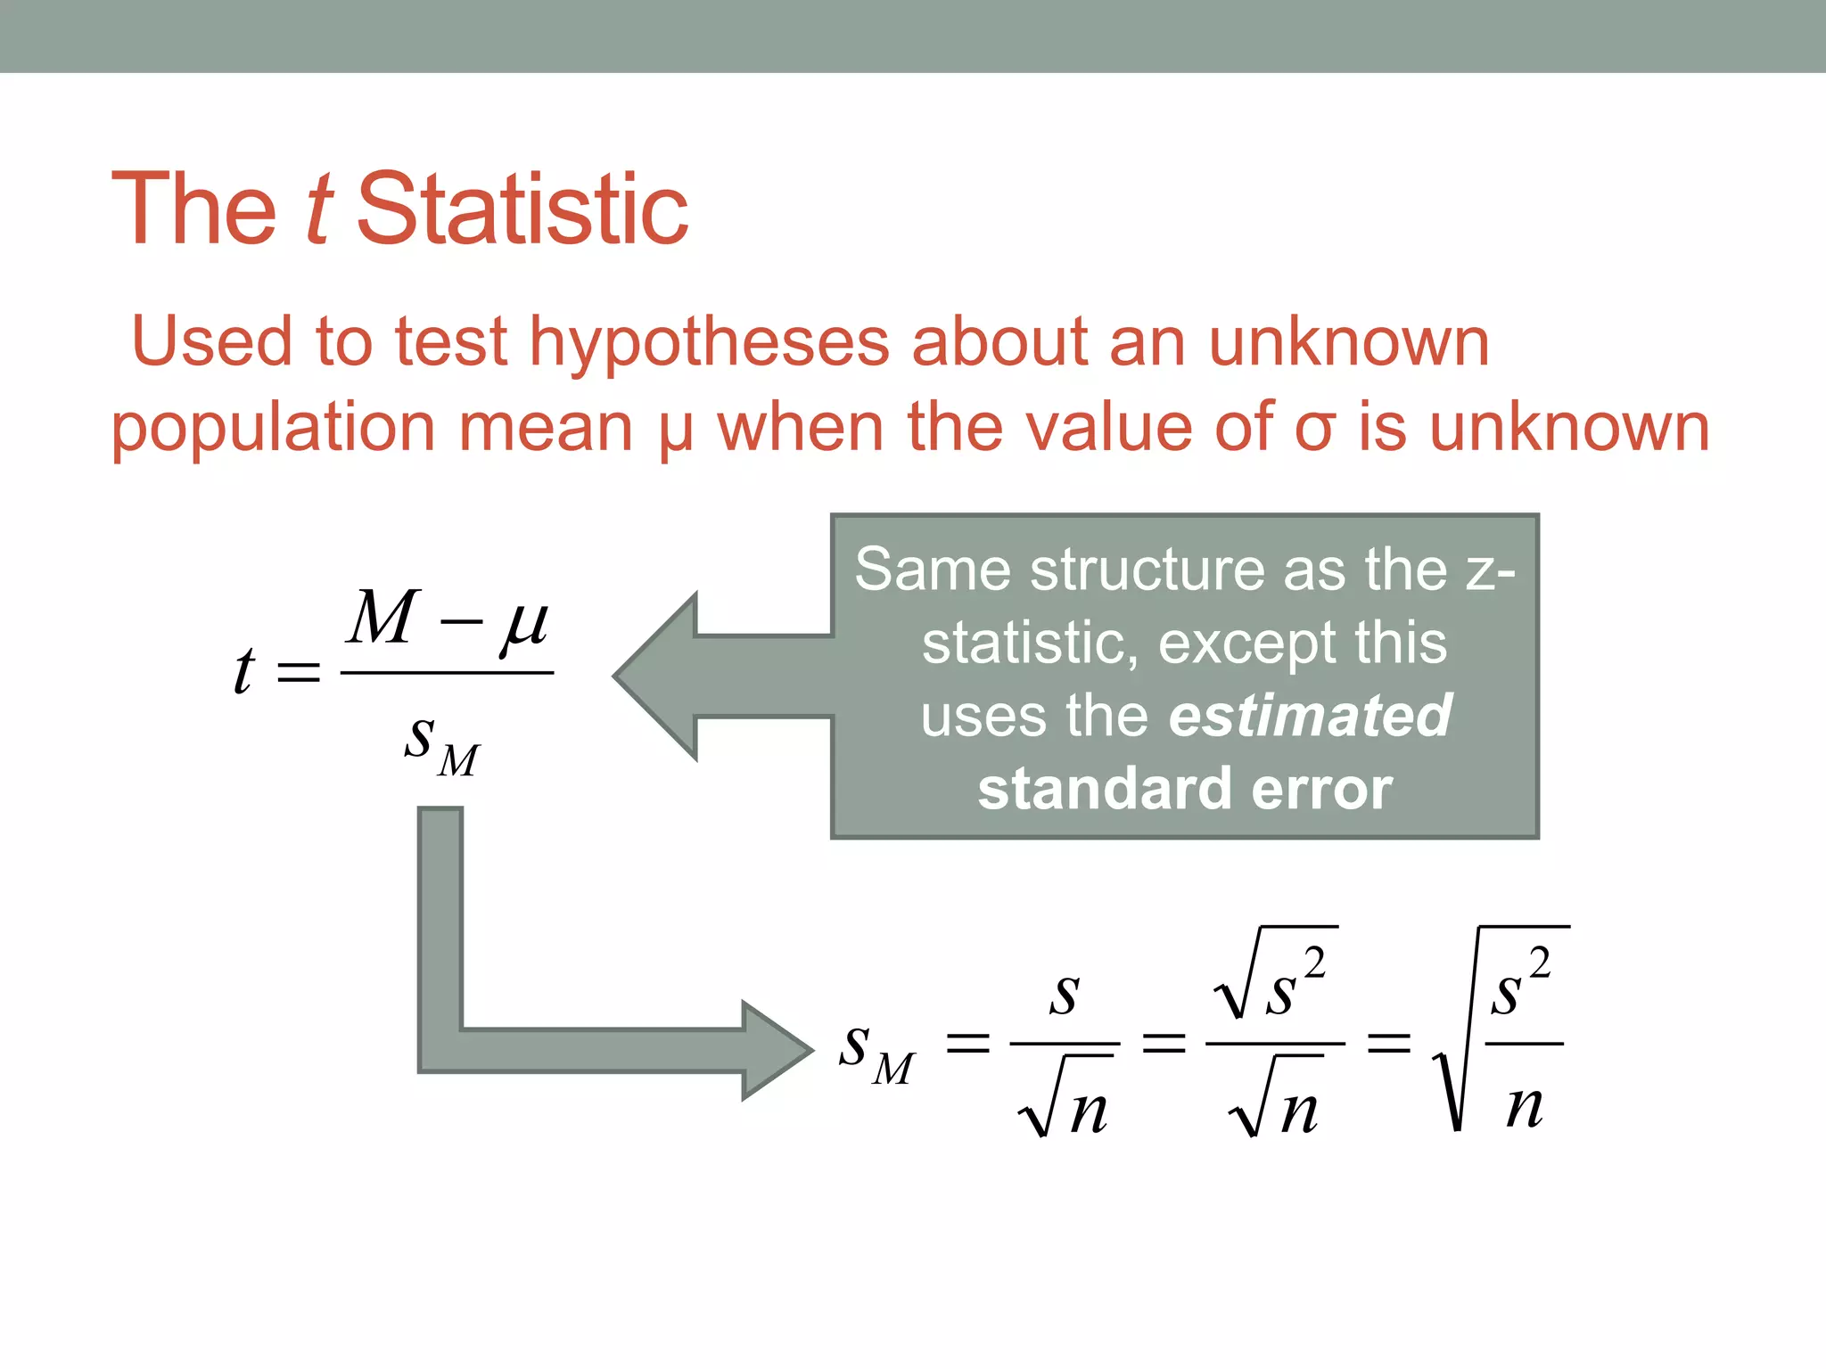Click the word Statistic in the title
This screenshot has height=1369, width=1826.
tap(522, 209)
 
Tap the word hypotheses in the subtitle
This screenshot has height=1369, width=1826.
tap(710, 342)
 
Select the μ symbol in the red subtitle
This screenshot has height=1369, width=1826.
tap(676, 431)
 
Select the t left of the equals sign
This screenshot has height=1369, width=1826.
tap(243, 670)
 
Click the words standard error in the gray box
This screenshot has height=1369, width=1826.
tap(1185, 790)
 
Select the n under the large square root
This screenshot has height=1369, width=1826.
tap(1524, 1107)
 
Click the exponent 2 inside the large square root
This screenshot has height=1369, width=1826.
tap(1540, 963)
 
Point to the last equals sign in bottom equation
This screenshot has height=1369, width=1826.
tap(1389, 1043)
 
